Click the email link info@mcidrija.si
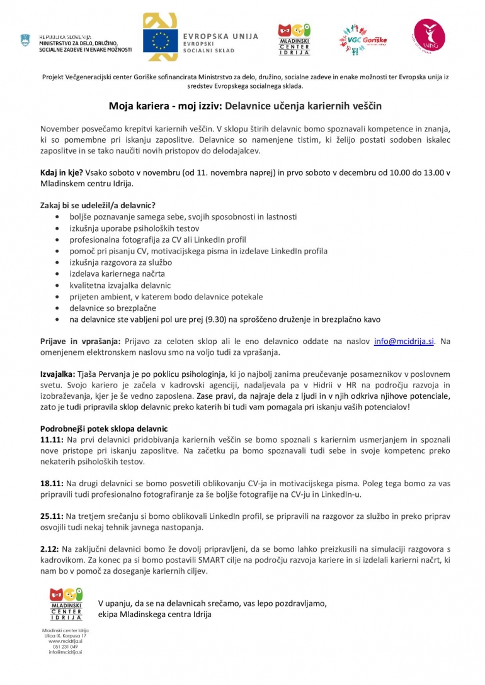tap(404, 342)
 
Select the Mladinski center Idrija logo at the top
tap(294, 40)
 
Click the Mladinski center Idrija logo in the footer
tap(66, 604)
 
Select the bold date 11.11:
tap(52, 439)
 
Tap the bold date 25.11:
tap(52, 515)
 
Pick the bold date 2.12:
tap(49, 549)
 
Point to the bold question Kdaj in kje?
tap(61, 173)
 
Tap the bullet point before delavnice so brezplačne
tap(58, 308)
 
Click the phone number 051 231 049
tap(66, 647)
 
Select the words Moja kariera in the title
tap(137, 106)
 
